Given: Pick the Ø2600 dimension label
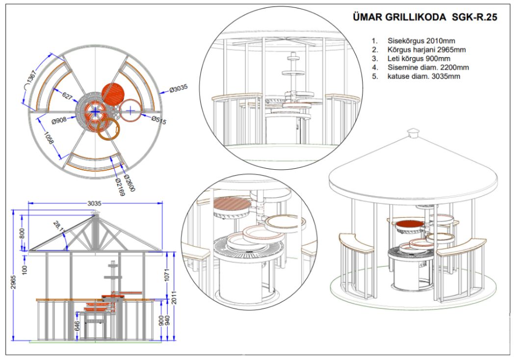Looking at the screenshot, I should click(x=129, y=183).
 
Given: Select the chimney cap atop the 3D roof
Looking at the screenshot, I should click(x=414, y=132).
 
